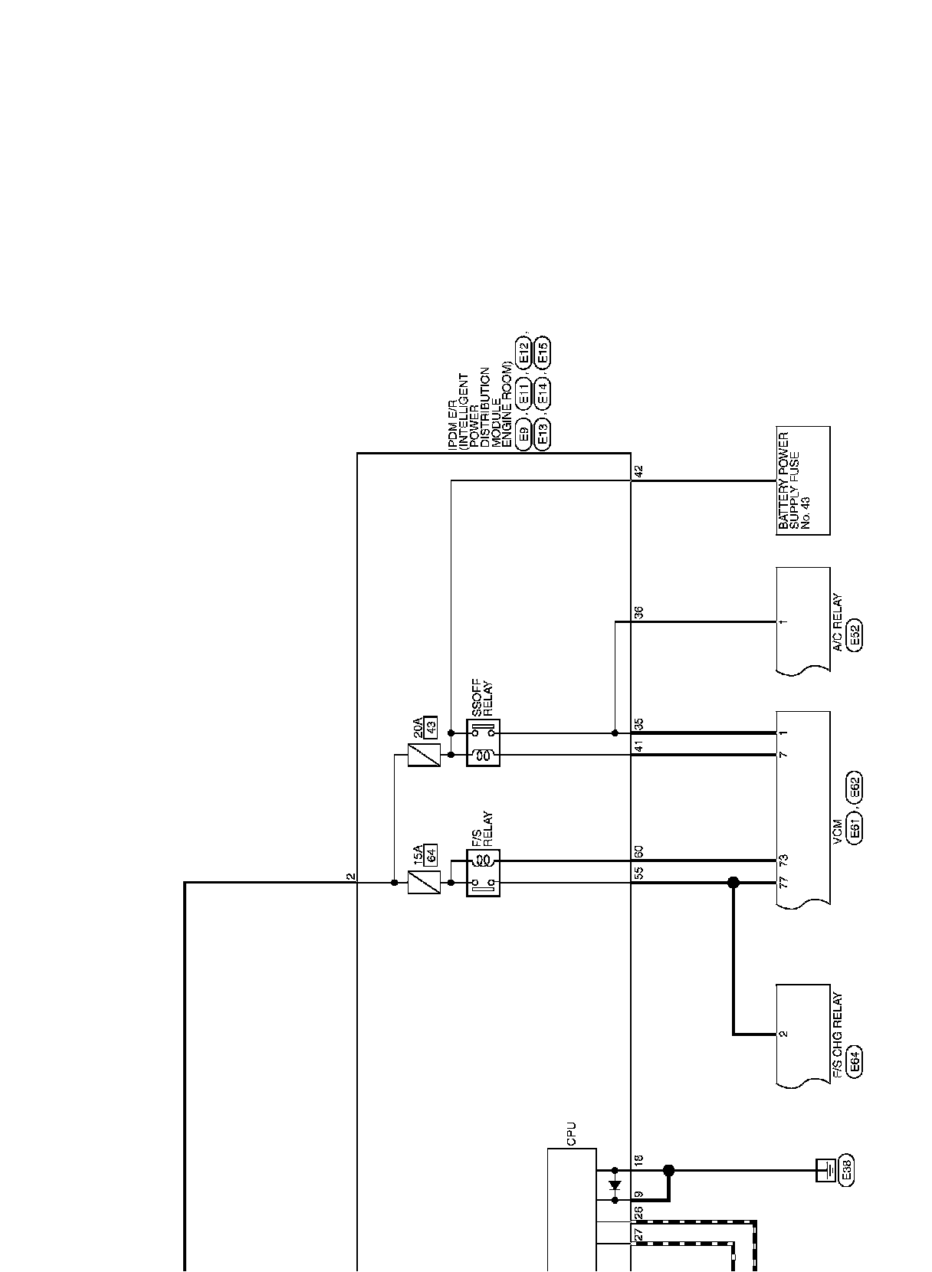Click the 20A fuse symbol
pos(424,756)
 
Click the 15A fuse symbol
pos(424,883)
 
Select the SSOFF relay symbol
pos(483,743)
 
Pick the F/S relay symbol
pos(483,872)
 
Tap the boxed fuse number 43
pos(431,727)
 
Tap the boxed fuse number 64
pos(431,854)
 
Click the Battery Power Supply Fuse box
pos(802,480)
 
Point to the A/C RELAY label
pos(838,621)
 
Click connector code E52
pos(855,635)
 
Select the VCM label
pos(838,828)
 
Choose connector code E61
pos(855,828)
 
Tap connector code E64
pos(855,1061)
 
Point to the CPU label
pos(571,1134)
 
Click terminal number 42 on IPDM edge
pos(639,471)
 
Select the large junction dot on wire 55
pos(733,883)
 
